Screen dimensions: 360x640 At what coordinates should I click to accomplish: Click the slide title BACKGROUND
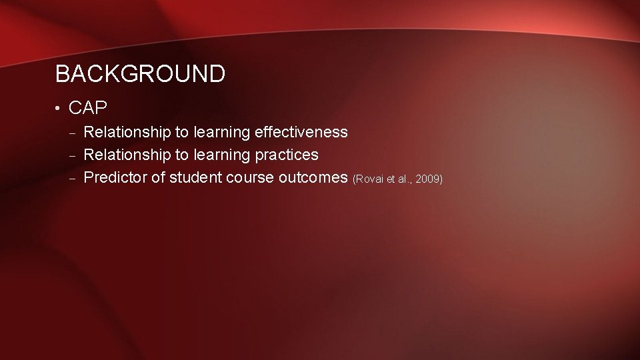(x=140, y=74)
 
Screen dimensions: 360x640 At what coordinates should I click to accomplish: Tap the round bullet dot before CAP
(x=59, y=107)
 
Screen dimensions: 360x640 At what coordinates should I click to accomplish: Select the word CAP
(x=88, y=107)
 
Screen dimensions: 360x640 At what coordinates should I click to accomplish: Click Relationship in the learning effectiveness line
(x=127, y=132)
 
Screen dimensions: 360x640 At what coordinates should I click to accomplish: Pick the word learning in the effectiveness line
(x=221, y=133)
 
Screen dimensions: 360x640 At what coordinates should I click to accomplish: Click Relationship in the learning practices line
(x=127, y=155)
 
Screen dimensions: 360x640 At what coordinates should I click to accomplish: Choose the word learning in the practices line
(x=221, y=155)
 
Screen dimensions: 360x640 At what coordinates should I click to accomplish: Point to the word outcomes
(x=317, y=178)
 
